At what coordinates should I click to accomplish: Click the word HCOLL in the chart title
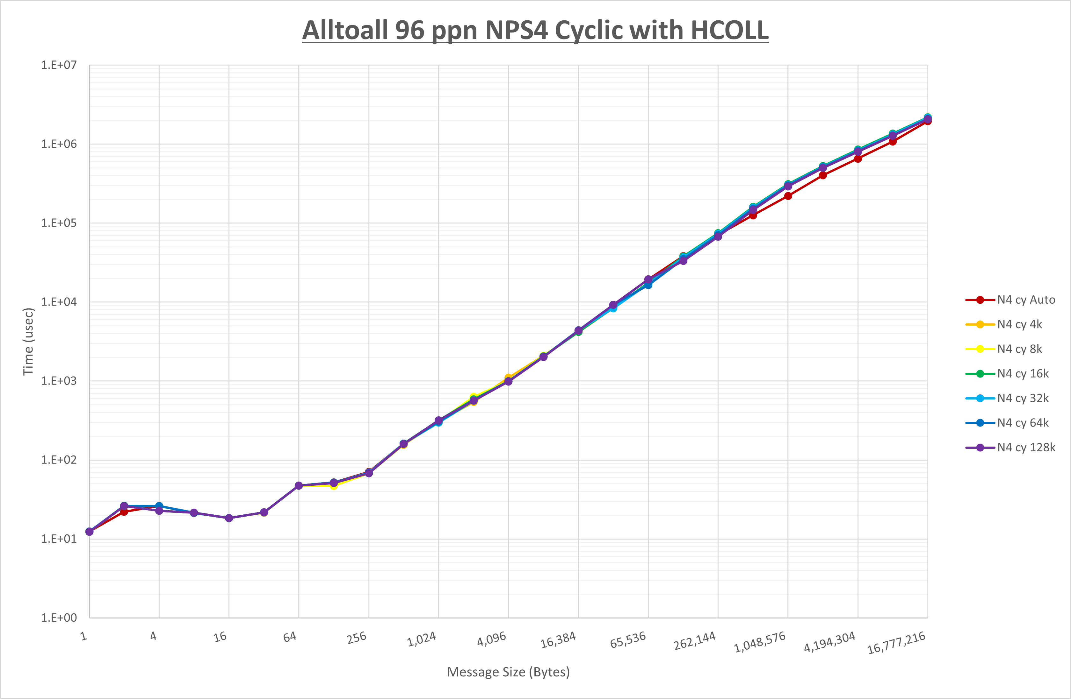729,30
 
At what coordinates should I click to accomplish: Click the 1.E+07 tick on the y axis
59,65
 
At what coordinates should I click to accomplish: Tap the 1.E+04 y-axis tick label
59,302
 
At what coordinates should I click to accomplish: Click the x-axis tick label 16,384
558,640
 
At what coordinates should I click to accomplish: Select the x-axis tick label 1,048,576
760,642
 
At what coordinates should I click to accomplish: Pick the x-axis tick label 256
356,638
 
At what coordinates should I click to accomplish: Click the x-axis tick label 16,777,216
896,643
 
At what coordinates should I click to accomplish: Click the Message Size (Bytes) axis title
508,672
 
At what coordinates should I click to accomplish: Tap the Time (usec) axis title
28,342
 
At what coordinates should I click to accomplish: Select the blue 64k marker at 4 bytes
159,506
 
